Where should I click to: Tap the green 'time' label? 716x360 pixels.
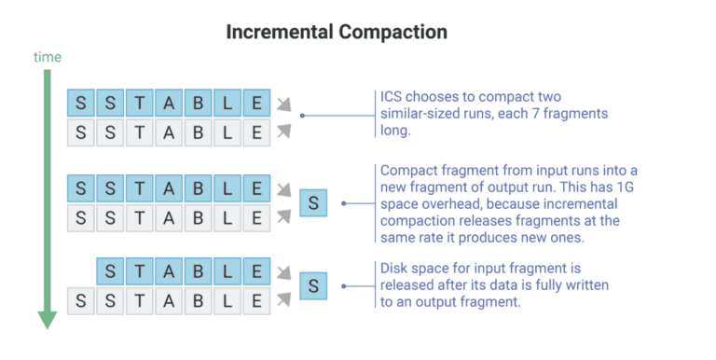coord(48,58)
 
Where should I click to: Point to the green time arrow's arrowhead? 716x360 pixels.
coord(48,319)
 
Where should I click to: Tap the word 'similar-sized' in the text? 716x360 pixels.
coord(422,114)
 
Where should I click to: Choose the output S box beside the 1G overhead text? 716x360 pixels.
coord(314,202)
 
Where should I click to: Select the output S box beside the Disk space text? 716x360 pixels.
coord(314,286)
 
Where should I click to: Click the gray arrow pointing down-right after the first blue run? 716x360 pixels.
coord(284,104)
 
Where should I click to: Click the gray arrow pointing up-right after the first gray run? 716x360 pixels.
coord(284,131)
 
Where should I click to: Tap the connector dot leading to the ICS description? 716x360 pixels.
coord(303,117)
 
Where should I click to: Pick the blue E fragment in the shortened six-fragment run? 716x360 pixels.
coord(255,273)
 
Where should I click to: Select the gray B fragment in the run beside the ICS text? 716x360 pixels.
coord(197,132)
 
